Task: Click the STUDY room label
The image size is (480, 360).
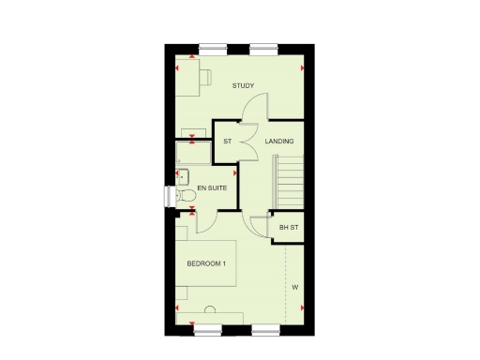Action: (x=243, y=86)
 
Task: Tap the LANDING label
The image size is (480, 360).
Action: (x=279, y=142)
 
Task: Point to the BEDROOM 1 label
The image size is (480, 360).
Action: (x=206, y=263)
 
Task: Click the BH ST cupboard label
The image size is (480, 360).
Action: (x=288, y=227)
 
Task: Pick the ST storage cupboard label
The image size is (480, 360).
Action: (x=227, y=142)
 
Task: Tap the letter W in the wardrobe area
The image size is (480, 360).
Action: (x=293, y=286)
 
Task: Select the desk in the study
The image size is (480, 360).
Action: (x=188, y=79)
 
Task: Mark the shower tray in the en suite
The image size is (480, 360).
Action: (x=193, y=152)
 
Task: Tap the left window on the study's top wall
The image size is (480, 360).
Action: (x=213, y=47)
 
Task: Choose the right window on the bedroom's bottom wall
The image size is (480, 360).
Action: (x=264, y=329)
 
